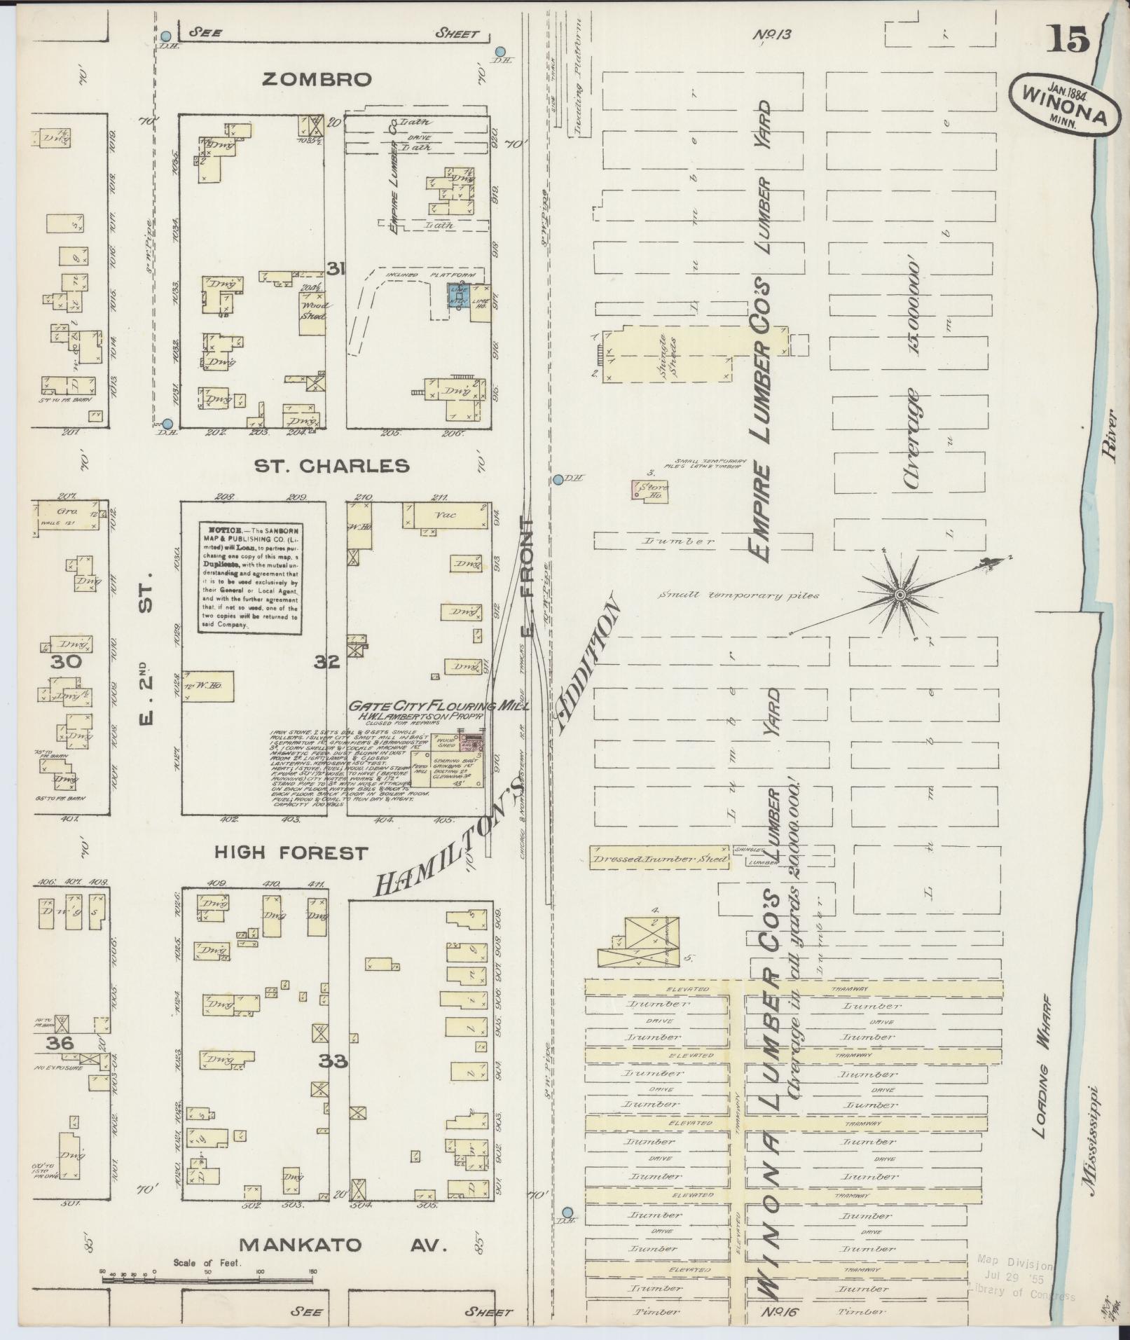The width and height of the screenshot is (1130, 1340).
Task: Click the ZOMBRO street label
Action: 316,80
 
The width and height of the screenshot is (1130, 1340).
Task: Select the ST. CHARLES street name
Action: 331,466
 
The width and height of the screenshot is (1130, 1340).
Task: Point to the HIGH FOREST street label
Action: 291,853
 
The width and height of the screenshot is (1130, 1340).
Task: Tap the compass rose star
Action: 899,595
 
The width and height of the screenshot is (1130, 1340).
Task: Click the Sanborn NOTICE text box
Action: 249,578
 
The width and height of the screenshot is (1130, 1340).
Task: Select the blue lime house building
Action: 459,296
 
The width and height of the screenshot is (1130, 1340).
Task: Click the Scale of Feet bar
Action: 209,1279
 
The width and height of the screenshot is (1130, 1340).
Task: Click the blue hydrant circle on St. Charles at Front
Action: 558,480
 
